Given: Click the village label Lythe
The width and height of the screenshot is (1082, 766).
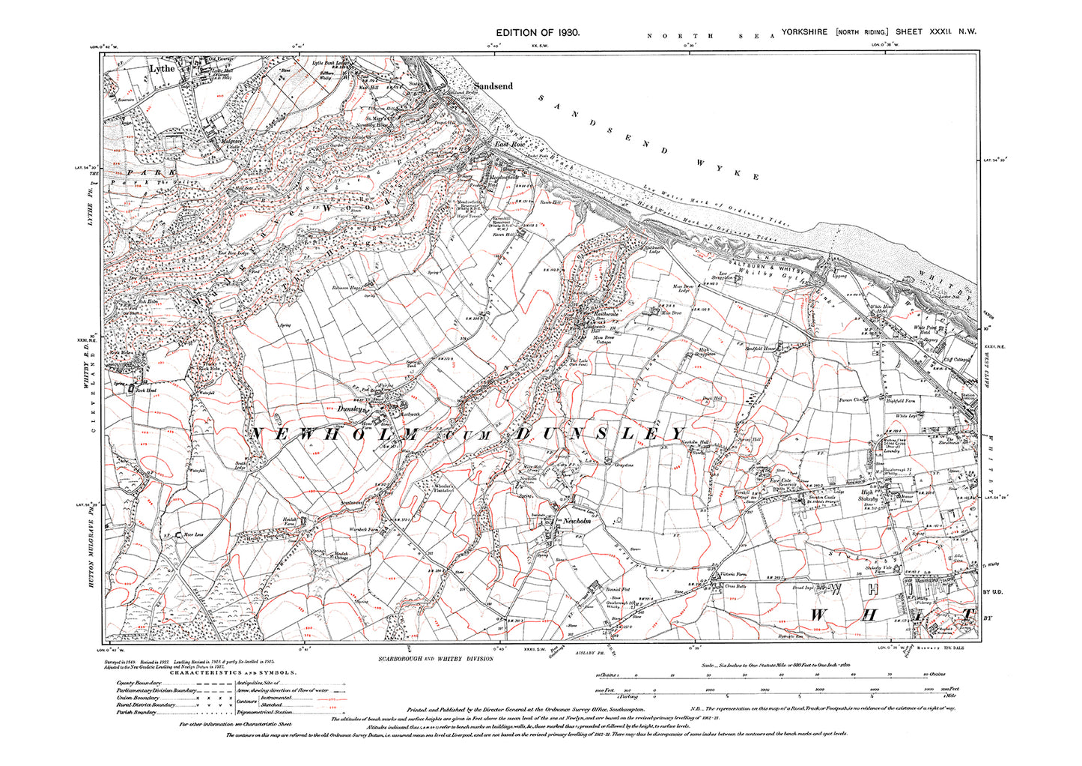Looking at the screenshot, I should [162, 68].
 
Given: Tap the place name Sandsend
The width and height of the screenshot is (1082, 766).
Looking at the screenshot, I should [492, 86].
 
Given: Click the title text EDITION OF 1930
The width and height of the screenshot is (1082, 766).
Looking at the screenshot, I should [538, 33].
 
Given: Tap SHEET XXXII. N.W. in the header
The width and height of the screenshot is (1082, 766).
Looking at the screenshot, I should [937, 32].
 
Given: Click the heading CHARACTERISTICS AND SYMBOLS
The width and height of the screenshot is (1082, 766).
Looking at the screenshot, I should [233, 673].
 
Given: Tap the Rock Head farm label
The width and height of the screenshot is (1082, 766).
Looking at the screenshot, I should [146, 390].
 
